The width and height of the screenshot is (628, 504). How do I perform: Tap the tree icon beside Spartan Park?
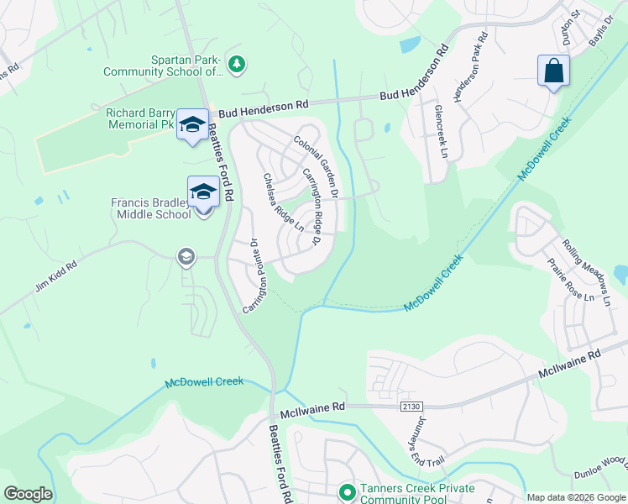click(238, 64)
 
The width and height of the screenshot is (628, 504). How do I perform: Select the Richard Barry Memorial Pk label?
click(140, 118)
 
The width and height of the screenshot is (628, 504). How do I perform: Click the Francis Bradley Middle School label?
click(151, 208)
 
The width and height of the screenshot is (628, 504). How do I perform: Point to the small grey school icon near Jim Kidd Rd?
click(186, 257)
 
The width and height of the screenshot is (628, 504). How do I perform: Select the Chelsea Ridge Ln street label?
click(283, 202)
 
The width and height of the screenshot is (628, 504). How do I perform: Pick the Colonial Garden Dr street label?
click(316, 167)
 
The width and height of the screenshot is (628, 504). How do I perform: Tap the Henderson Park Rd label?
click(471, 67)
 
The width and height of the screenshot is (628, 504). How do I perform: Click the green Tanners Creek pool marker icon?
click(345, 491)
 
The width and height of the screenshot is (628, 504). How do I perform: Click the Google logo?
click(28, 494)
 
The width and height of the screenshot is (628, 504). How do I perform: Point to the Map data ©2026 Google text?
click(575, 497)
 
